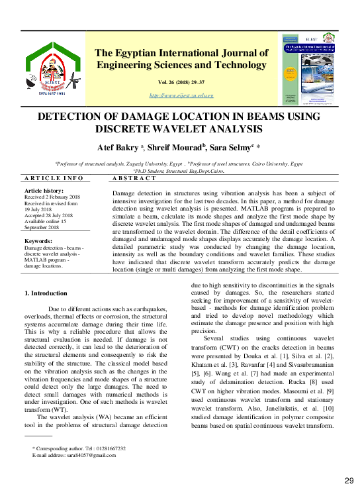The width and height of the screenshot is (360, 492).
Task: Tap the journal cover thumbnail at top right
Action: [x=310, y=70]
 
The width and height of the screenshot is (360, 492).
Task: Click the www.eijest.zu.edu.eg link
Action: [x=181, y=96]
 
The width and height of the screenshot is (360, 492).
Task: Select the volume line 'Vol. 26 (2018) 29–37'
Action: [x=181, y=83]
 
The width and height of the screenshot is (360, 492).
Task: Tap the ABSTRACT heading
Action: [x=134, y=179]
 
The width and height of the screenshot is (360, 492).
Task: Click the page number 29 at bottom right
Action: [x=349, y=479]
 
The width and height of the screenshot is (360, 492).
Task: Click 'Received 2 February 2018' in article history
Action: [x=52, y=197]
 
